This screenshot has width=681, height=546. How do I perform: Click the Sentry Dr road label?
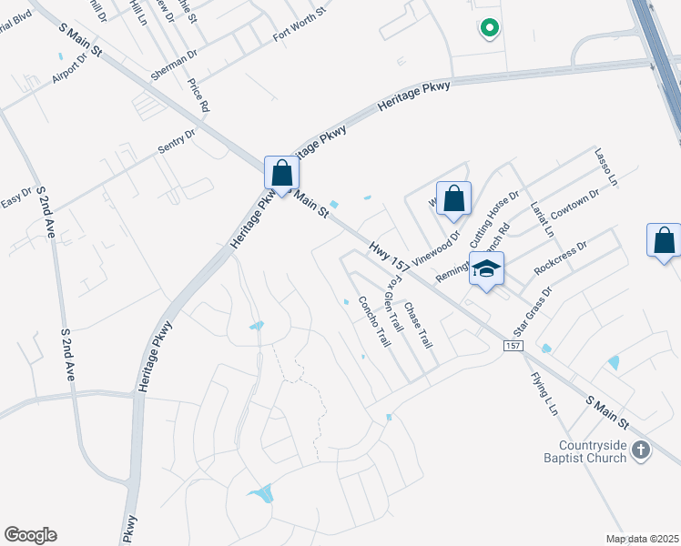pyautogui.click(x=178, y=146)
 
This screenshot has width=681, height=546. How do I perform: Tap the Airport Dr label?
pyautogui.click(x=69, y=66)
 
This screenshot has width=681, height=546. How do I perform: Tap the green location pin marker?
pyautogui.click(x=489, y=28)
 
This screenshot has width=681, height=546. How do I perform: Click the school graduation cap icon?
pyautogui.click(x=487, y=268)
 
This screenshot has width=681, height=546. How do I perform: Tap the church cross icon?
pyautogui.click(x=641, y=450)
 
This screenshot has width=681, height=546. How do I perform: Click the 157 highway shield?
pyautogui.click(x=513, y=346)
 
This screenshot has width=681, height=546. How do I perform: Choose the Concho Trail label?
pyautogui.click(x=374, y=321)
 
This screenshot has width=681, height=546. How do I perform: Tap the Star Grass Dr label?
pyautogui.click(x=534, y=311)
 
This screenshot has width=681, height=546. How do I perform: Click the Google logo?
pyautogui.click(x=30, y=535)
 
